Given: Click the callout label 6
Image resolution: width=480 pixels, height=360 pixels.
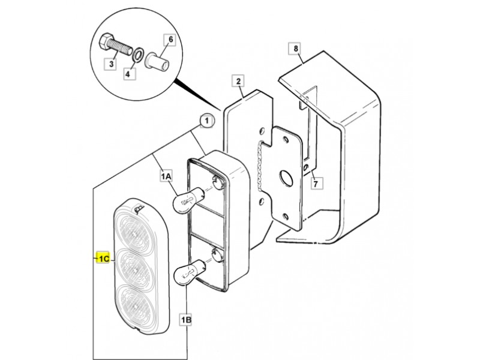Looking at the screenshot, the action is (170, 40).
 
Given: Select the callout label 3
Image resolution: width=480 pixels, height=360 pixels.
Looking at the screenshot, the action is (112, 64).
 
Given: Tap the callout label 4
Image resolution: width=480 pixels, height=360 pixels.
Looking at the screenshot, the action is (130, 74).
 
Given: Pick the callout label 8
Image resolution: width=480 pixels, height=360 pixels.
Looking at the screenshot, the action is (295, 49).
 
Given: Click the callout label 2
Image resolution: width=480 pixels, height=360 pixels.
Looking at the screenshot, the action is (238, 81).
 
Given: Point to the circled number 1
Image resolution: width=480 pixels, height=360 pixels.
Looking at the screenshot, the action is (207, 121).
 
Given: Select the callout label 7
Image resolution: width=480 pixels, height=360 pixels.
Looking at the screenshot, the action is (316, 184).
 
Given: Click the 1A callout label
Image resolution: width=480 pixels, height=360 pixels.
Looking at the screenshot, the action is (166, 176).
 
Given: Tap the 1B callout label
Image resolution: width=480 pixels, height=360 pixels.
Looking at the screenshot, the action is (186, 320).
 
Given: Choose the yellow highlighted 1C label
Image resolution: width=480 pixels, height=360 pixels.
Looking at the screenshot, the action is (103, 259).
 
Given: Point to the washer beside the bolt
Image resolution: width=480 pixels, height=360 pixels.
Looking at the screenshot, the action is (137, 55).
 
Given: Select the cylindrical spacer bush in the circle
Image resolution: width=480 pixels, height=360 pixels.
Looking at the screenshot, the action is (157, 62).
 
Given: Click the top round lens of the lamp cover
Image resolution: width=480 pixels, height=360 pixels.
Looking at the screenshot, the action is (134, 231).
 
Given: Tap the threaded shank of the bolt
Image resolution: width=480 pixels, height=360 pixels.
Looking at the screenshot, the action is (120, 47).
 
